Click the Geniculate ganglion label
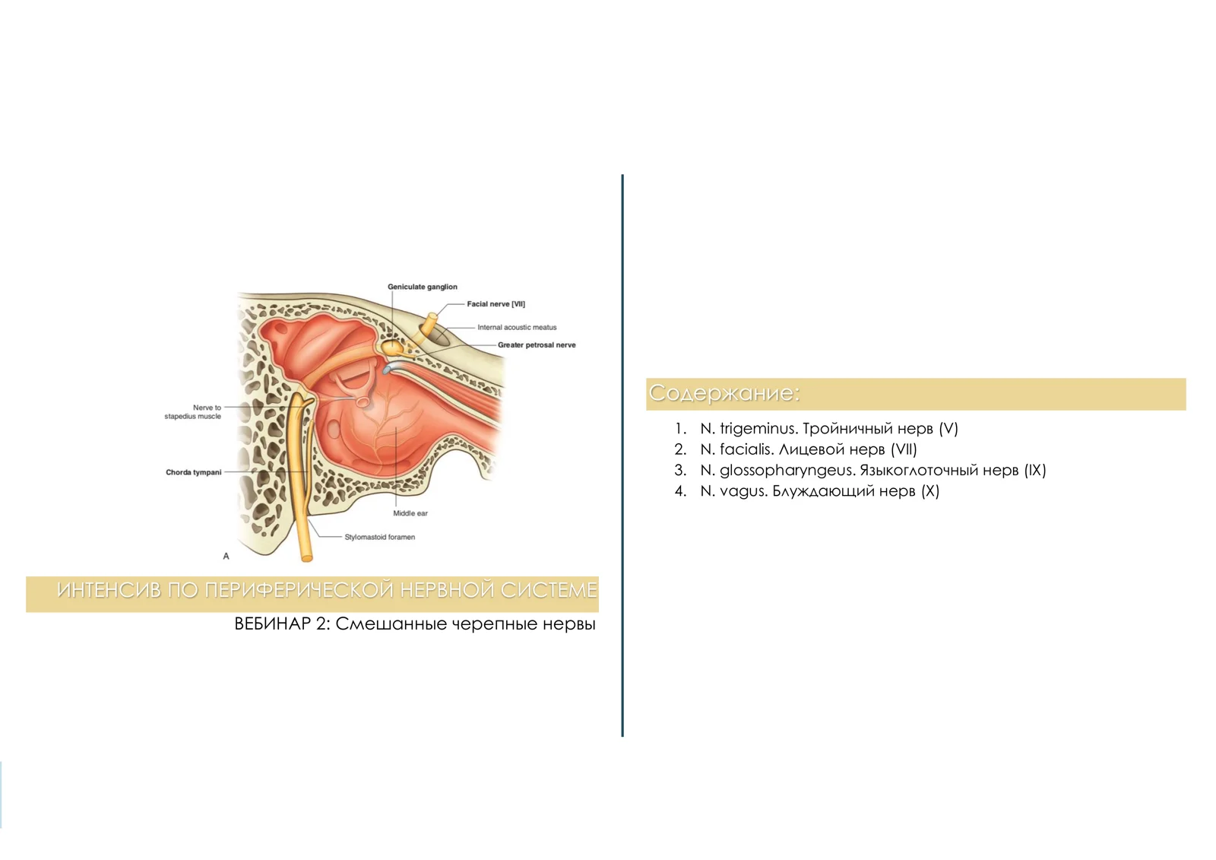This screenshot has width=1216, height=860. [423, 287]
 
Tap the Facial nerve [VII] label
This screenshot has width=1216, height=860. [496, 304]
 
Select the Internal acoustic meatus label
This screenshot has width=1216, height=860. [517, 327]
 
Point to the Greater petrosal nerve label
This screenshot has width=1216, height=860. [537, 345]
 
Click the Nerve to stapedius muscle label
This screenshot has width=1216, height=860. [193, 412]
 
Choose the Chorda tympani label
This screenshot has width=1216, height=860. [194, 472]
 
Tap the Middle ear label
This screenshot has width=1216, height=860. [410, 513]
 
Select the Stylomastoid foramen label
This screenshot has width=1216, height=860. [379, 538]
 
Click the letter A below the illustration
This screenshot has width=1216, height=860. [226, 557]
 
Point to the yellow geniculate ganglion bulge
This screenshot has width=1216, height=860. [391, 347]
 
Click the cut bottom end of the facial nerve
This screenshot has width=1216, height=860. [307, 557]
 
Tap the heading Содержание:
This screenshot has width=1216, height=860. [724, 393]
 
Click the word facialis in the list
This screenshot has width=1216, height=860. [746, 449]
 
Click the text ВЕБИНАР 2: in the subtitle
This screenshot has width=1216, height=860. [282, 624]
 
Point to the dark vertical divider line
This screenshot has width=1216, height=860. [622, 455]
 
